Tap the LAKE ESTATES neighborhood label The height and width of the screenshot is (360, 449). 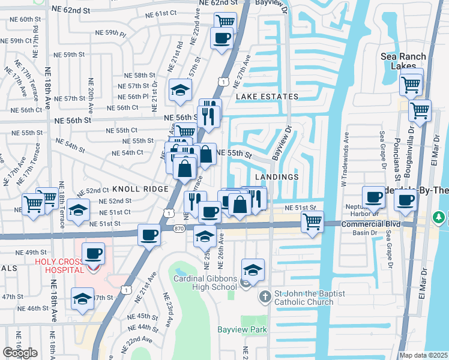267,97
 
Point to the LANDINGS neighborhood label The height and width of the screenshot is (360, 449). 276,177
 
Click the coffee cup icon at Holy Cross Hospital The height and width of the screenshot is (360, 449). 92,253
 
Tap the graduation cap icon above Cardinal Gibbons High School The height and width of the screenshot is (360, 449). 253,270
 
